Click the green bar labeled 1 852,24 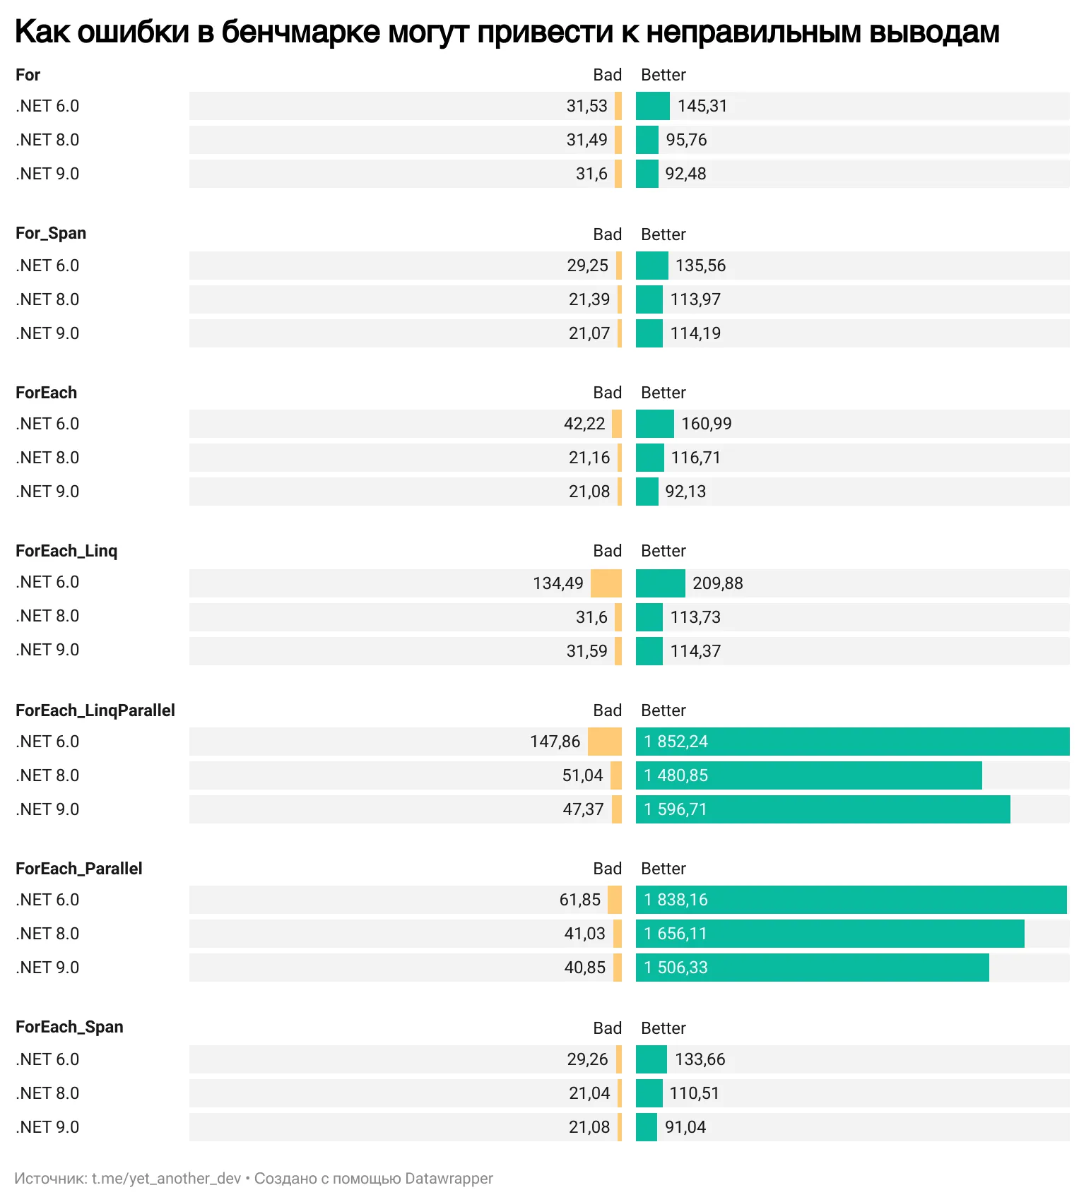coord(852,742)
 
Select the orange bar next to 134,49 coord(606,583)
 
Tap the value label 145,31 coord(702,106)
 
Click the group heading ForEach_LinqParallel coord(95,710)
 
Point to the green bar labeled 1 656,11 coord(830,934)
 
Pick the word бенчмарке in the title coord(300,32)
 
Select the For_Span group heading coord(51,233)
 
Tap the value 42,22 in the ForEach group coord(584,424)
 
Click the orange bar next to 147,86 coord(604,742)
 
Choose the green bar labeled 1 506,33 coord(813,968)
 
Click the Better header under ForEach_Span coord(663,1028)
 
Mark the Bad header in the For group coord(607,75)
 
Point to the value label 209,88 coord(717,583)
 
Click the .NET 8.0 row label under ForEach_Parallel coord(47,934)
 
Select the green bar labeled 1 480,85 coord(809,775)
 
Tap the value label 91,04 coord(685,1127)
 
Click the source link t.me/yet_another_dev coord(166,1179)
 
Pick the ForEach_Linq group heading coord(66,551)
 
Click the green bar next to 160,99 coord(654,424)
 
